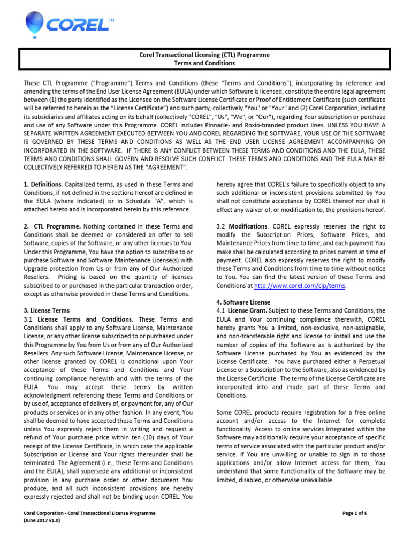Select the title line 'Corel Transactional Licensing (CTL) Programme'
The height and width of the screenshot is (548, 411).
click(x=205, y=55)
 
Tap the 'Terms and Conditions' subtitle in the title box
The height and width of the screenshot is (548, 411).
click(x=205, y=63)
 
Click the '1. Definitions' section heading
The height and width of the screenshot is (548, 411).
click(x=43, y=185)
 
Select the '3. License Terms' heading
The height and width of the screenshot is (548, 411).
click(x=47, y=310)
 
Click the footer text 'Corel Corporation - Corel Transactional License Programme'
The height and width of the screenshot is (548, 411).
click(x=89, y=513)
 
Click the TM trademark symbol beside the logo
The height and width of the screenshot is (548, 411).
click(x=111, y=20)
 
